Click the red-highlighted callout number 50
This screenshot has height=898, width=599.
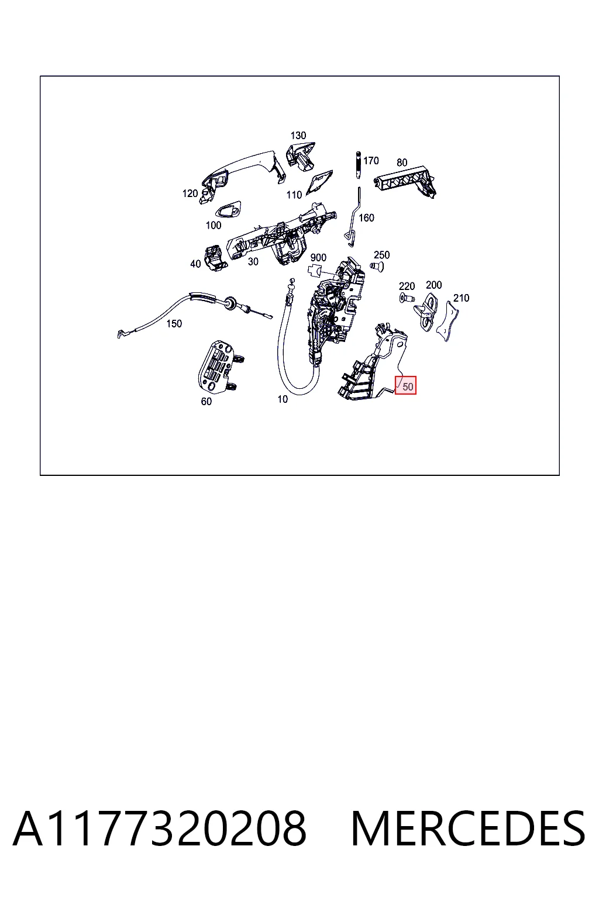[408, 386]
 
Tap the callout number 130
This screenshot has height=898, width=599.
[298, 136]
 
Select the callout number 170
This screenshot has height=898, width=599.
[371, 161]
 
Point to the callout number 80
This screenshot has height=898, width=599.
[402, 163]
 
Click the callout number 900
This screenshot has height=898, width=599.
[318, 257]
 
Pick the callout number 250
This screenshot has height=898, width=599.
[381, 255]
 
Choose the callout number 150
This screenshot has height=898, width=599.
[174, 323]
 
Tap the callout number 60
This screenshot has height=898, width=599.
[206, 401]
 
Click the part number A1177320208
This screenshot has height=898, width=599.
[160, 828]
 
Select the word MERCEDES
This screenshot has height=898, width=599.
[468, 828]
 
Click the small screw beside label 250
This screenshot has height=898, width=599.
[377, 266]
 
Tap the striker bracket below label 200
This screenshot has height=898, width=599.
[426, 311]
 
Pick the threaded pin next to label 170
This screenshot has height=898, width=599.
[358, 165]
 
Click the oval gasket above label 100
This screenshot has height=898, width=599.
[228, 210]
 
